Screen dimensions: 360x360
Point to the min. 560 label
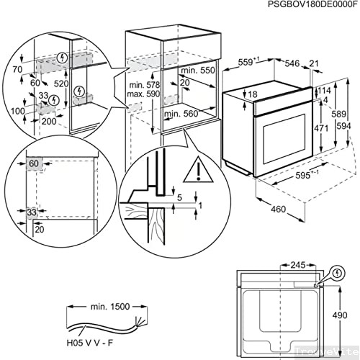(181, 113)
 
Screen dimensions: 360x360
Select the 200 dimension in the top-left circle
(50, 122)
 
